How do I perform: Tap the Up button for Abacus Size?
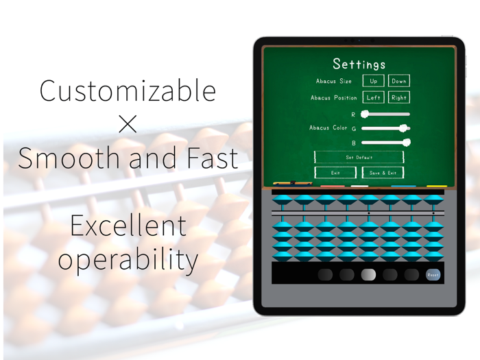point(373,81)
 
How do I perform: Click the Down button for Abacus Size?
point(399,81)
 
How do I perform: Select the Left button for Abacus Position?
point(373,98)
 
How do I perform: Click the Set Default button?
point(359,157)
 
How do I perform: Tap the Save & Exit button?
point(383,173)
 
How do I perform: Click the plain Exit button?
point(335,173)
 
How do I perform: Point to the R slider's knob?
point(365,115)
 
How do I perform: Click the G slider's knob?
point(404,128)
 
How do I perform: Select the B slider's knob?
point(406,143)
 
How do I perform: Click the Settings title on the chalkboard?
point(359,64)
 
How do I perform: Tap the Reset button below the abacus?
point(433,275)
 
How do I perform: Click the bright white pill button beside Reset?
point(368,275)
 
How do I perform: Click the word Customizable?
point(128,91)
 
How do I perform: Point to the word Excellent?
point(128,226)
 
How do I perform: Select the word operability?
point(128,259)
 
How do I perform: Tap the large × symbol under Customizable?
point(128,124)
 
